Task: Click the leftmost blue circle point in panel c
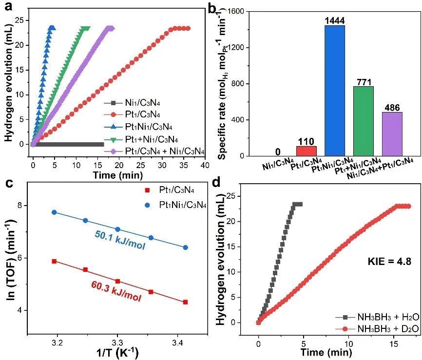pyautogui.click(x=54, y=212)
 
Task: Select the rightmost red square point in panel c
pyautogui.click(x=199, y=302)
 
